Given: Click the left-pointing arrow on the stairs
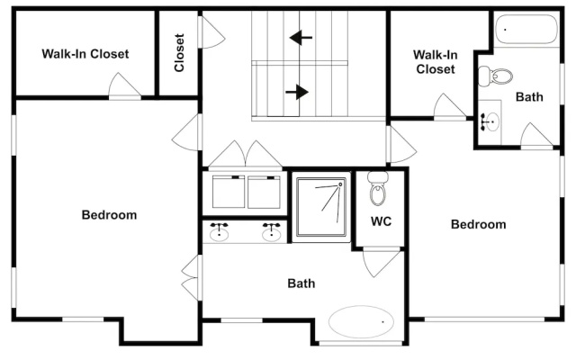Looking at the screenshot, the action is pyautogui.click(x=301, y=38).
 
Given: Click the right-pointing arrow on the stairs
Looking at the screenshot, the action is pyautogui.click(x=297, y=92).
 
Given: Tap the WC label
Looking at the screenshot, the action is pyautogui.click(x=381, y=221).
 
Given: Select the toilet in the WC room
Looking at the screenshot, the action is pyautogui.click(x=378, y=188).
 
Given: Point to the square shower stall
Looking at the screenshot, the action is pyautogui.click(x=321, y=207).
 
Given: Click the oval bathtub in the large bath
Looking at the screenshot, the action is pyautogui.click(x=361, y=322).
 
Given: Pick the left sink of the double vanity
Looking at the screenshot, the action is pyautogui.click(x=219, y=231).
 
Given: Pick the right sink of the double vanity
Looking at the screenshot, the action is pyautogui.click(x=272, y=231).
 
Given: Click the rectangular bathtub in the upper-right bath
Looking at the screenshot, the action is pyautogui.click(x=526, y=29).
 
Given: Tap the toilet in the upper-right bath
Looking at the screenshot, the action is pyautogui.click(x=495, y=76).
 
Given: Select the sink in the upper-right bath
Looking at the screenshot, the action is pyautogui.click(x=490, y=121).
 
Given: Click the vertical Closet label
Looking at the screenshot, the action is pyautogui.click(x=179, y=52).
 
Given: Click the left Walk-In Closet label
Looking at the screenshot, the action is pyautogui.click(x=85, y=54).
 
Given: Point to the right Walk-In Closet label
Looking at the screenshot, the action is pyautogui.click(x=436, y=62).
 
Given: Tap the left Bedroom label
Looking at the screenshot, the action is pyautogui.click(x=109, y=215).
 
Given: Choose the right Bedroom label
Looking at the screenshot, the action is pyautogui.click(x=478, y=224).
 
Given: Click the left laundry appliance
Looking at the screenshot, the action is pyautogui.click(x=229, y=192).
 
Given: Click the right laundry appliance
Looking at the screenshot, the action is pyautogui.click(x=264, y=192).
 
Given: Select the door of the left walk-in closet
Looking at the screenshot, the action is pyautogui.click(x=125, y=85).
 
